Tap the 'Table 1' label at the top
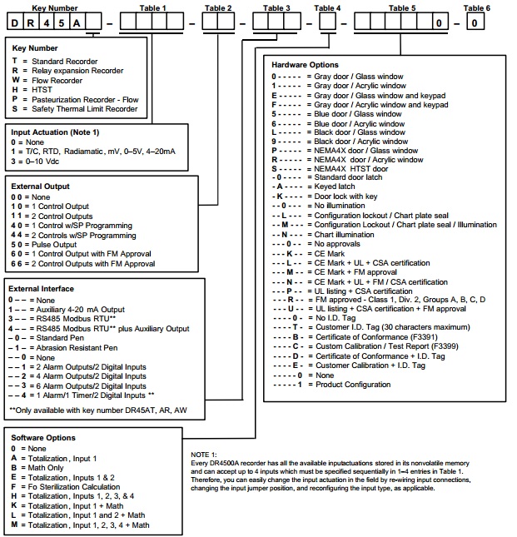[152, 7]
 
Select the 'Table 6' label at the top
[475, 7]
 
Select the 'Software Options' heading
[42, 437]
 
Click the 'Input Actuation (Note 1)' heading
[55, 132]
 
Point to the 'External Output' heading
[40, 186]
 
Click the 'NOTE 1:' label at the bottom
[204, 454]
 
